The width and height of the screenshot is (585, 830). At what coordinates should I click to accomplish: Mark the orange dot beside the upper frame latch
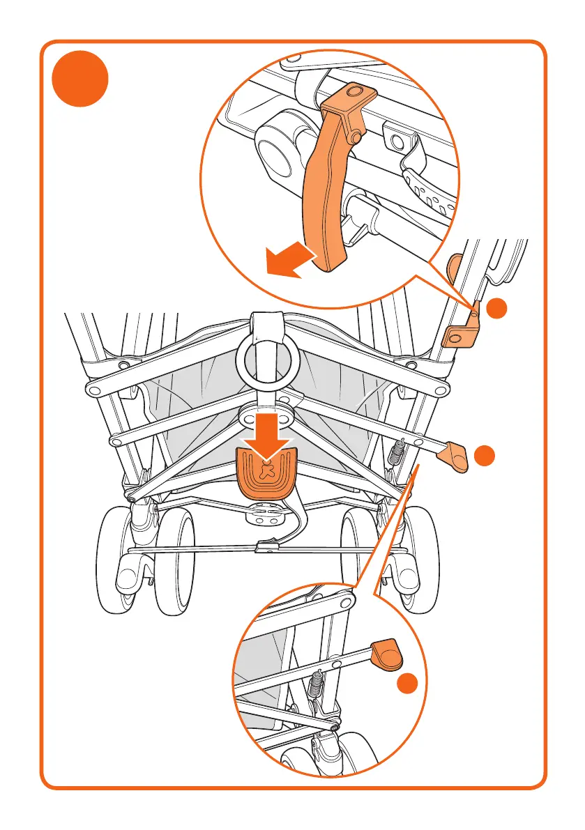point(496,309)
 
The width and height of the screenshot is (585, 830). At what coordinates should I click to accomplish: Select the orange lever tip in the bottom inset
point(388,654)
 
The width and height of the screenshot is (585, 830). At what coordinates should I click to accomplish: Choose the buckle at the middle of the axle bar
point(264,547)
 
